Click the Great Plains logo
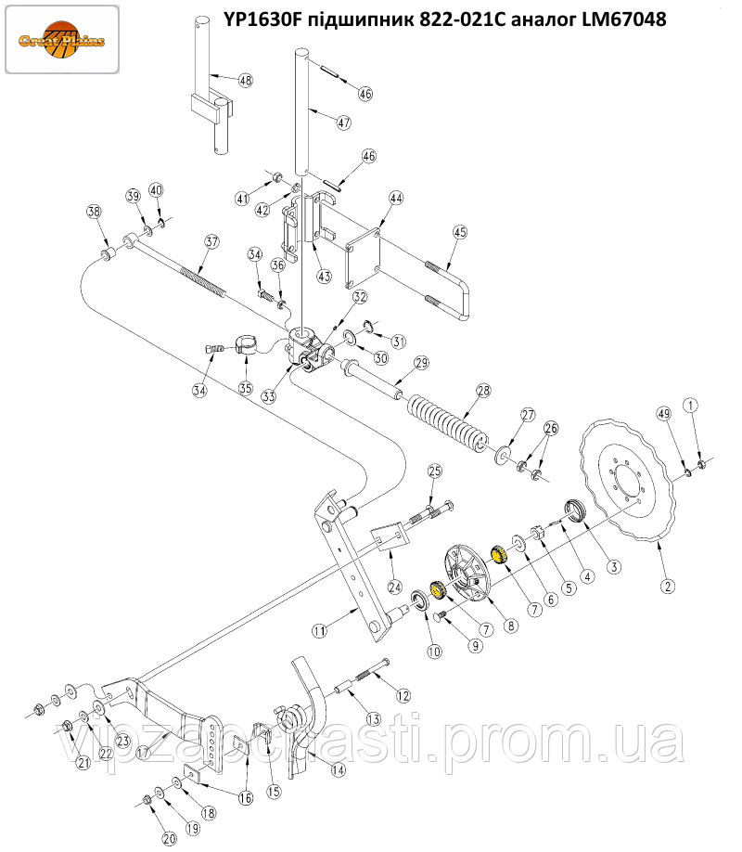click(x=62, y=39)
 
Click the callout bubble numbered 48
click(x=245, y=81)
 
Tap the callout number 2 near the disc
click(x=668, y=586)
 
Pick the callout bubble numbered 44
click(x=396, y=199)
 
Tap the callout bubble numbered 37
click(x=212, y=242)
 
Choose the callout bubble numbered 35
click(x=246, y=388)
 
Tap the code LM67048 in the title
click(x=614, y=19)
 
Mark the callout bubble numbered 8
click(x=509, y=626)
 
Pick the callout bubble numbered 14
click(x=338, y=769)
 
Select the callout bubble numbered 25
click(x=435, y=472)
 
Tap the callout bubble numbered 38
click(x=94, y=212)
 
